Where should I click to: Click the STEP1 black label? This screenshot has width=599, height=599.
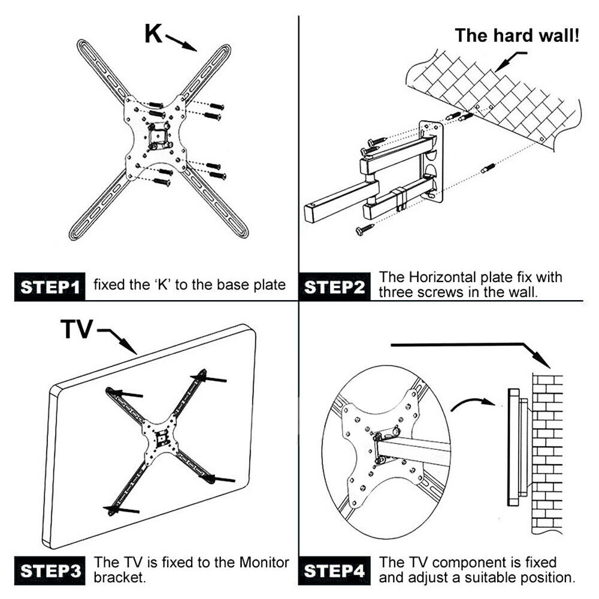click(x=50, y=286)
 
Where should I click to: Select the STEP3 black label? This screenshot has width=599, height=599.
click(x=50, y=571)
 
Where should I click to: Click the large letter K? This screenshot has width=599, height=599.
click(x=153, y=34)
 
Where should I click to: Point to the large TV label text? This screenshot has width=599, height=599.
click(x=76, y=329)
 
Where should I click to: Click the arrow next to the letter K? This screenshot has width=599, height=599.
click(x=182, y=42)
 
